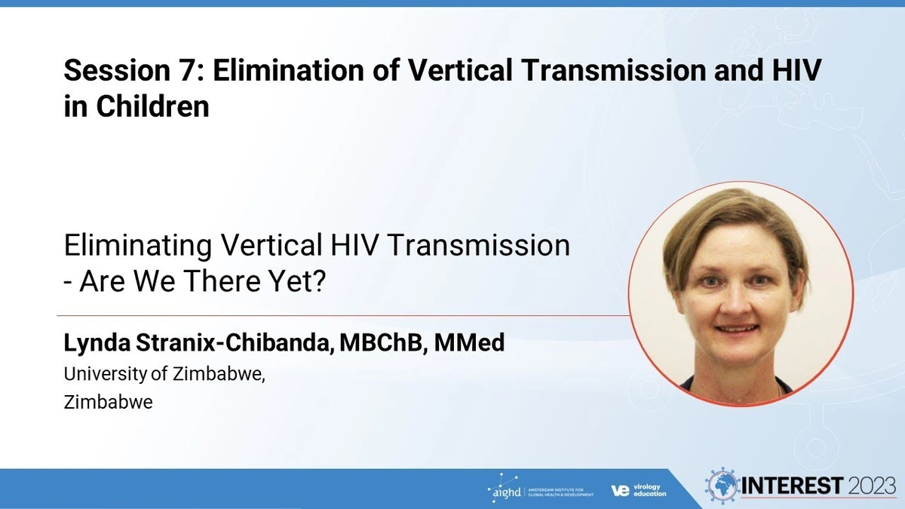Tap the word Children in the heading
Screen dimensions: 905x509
coord(152,106)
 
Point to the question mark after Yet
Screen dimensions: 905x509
coord(319,281)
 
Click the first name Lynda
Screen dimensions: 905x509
coord(97,343)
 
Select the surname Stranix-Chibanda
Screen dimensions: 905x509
coord(235,342)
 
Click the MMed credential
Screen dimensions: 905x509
coord(469,342)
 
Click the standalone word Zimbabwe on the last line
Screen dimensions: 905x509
coord(109,403)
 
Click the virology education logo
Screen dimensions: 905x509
coord(639,490)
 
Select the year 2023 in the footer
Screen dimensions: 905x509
coord(872,486)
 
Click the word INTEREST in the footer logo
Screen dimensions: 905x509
coord(793,486)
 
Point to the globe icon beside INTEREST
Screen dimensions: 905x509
coord(722,486)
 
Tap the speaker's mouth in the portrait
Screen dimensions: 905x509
coord(737,330)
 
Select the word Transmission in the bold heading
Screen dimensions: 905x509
coord(613,70)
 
